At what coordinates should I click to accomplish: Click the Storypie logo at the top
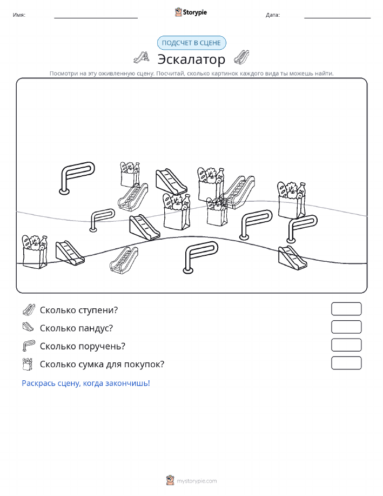point(191,12)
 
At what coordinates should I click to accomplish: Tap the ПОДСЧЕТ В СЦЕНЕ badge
point(191,43)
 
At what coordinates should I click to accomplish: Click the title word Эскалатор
point(191,59)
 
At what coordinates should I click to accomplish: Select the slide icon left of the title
point(141,57)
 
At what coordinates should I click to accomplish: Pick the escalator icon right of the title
point(241,57)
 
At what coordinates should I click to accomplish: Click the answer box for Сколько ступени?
point(346,309)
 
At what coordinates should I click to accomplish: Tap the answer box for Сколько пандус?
point(346,327)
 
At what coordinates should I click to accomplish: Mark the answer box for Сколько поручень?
point(346,345)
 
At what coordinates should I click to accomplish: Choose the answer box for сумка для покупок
point(346,363)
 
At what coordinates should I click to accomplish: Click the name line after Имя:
point(96,18)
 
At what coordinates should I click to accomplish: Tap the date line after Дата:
point(337,18)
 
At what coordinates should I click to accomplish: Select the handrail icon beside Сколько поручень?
point(29,346)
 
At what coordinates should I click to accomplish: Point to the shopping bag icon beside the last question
point(28,364)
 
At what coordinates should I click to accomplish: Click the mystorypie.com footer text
point(197,481)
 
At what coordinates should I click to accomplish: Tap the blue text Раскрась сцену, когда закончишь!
point(86,383)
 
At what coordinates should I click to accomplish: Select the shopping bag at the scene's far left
point(35,252)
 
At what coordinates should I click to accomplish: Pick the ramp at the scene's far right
point(292,258)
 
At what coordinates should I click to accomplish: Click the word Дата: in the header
point(273,15)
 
